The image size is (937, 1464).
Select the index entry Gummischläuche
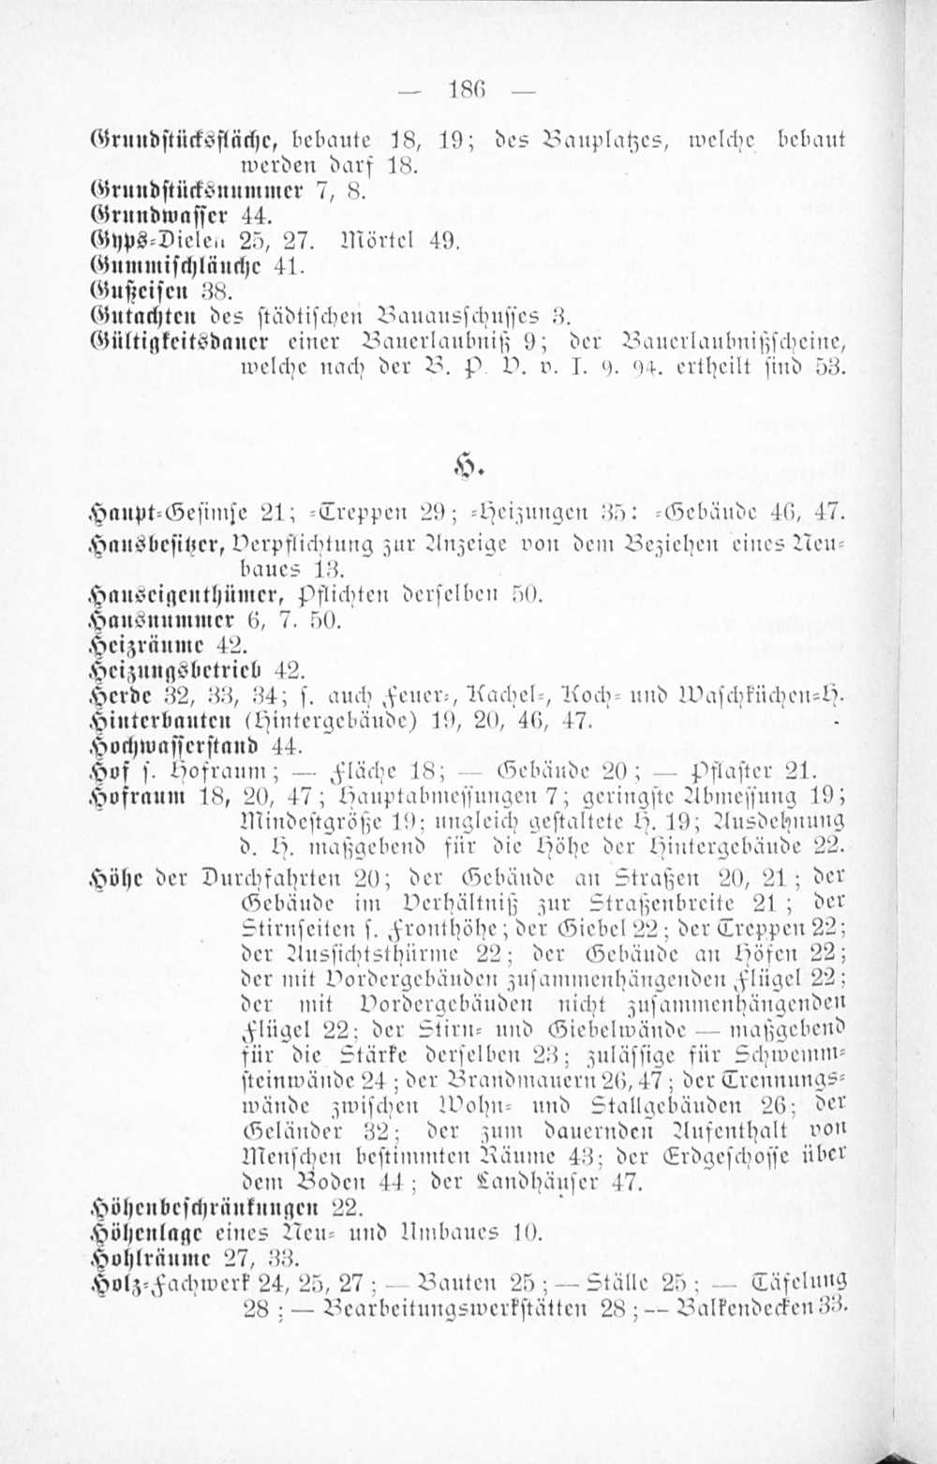(163, 265)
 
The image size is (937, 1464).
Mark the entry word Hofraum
(126, 798)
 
